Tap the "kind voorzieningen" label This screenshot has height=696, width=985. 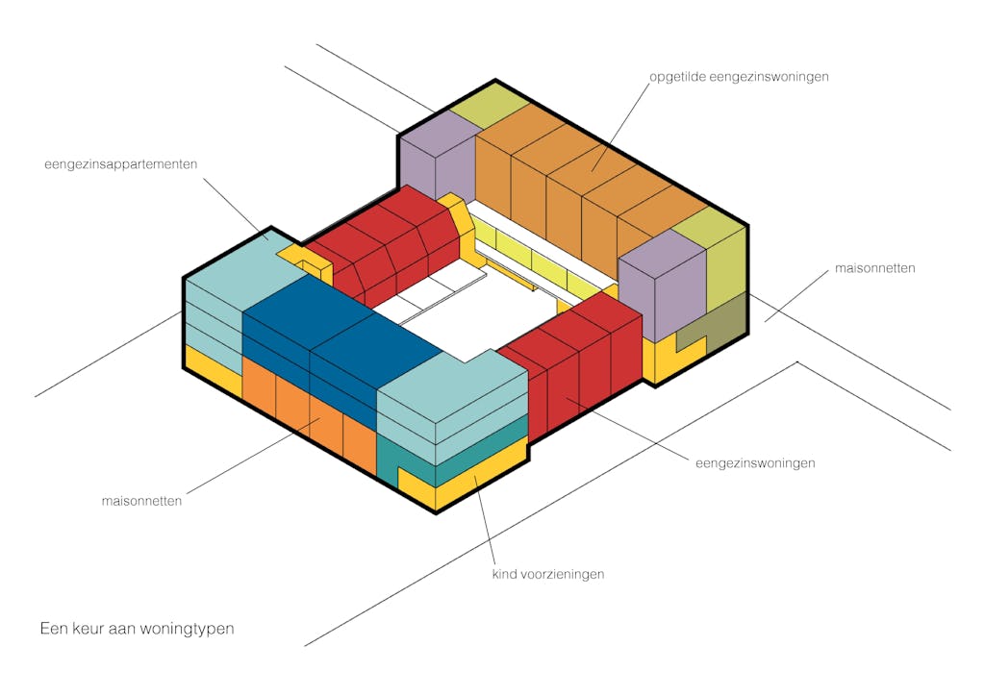[547, 574]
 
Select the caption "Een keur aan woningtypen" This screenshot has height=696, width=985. [137, 629]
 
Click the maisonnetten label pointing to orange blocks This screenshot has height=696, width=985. [142, 501]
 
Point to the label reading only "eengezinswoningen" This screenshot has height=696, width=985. [755, 462]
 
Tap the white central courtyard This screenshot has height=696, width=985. [452, 327]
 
